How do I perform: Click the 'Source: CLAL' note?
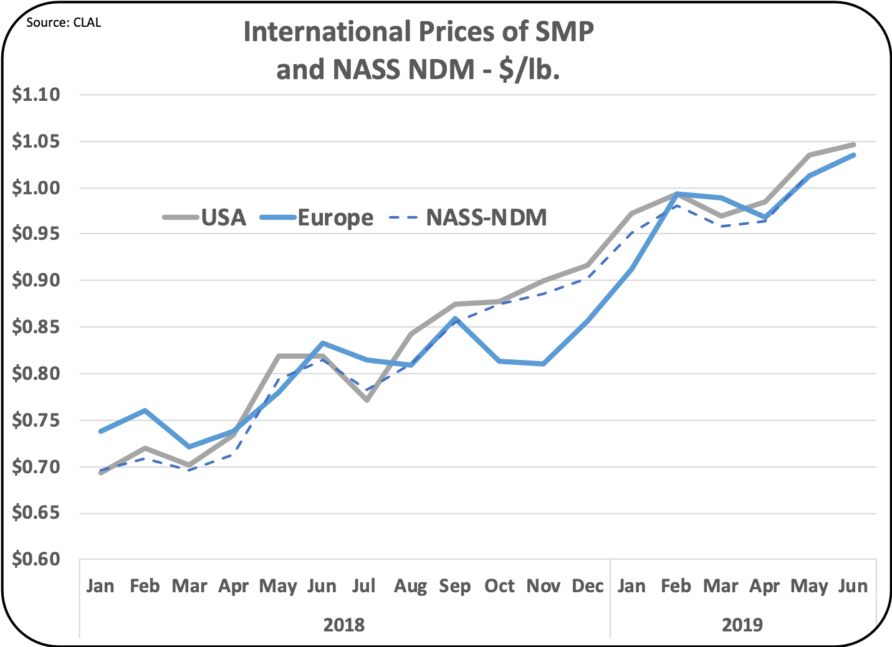[x=64, y=23]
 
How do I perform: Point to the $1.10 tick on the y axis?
[x=36, y=95]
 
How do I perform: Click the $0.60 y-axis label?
[x=36, y=559]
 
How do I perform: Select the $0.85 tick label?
[x=36, y=327]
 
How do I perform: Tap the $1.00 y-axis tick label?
[x=36, y=187]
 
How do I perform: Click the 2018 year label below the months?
[x=344, y=625]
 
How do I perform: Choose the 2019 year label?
[x=742, y=625]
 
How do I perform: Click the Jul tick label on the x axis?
[x=365, y=586]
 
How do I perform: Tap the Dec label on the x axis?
[x=587, y=586]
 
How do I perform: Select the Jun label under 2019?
[x=853, y=586]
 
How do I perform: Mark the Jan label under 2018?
[x=100, y=586]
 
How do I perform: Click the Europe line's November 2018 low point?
[x=544, y=364]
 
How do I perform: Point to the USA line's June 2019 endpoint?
[x=853, y=144]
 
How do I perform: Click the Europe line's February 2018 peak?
[x=145, y=410]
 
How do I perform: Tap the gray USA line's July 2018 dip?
[x=367, y=400]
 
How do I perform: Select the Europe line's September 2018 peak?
[x=456, y=318]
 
